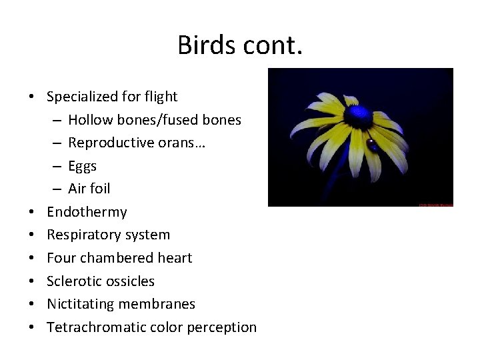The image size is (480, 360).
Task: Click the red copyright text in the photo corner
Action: coord(435,204)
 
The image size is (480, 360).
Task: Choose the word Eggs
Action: coord(82,166)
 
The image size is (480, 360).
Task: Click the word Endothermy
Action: coord(87,212)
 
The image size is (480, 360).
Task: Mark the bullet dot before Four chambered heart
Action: coord(32,258)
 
